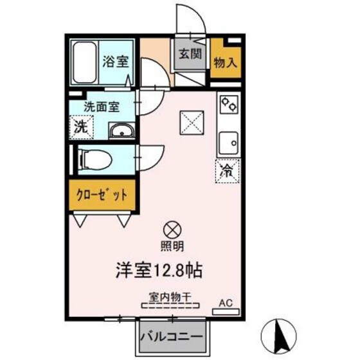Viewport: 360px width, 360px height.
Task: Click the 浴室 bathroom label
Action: pos(115,62)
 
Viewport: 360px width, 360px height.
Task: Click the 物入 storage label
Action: pos(225,62)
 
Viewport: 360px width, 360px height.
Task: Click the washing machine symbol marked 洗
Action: pos(82,126)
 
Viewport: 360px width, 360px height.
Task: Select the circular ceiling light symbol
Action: pos(172,228)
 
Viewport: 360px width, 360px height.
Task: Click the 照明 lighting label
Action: pos(172,246)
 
